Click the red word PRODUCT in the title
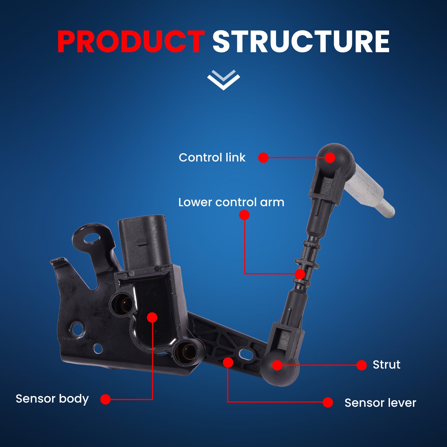pyautogui.click(x=131, y=42)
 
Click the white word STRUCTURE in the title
pyautogui.click(x=301, y=42)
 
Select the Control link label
pyautogui.click(x=212, y=158)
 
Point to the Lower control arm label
pyautogui.click(x=231, y=202)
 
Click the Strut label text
pyautogui.click(x=386, y=365)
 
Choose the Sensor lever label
pyautogui.click(x=380, y=403)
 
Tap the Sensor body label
pyautogui.click(x=52, y=399)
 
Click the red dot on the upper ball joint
pyautogui.click(x=330, y=158)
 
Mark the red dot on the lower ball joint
pyautogui.click(x=277, y=365)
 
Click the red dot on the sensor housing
pyautogui.click(x=152, y=318)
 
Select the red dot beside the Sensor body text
pyautogui.click(x=106, y=399)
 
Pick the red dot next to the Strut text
pyautogui.click(x=362, y=365)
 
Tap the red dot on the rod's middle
pyautogui.click(x=300, y=274)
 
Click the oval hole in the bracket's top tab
pyautogui.click(x=92, y=239)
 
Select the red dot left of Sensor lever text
pyautogui.click(x=328, y=403)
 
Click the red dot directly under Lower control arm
pyautogui.click(x=244, y=215)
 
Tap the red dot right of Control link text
pyautogui.click(x=263, y=158)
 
